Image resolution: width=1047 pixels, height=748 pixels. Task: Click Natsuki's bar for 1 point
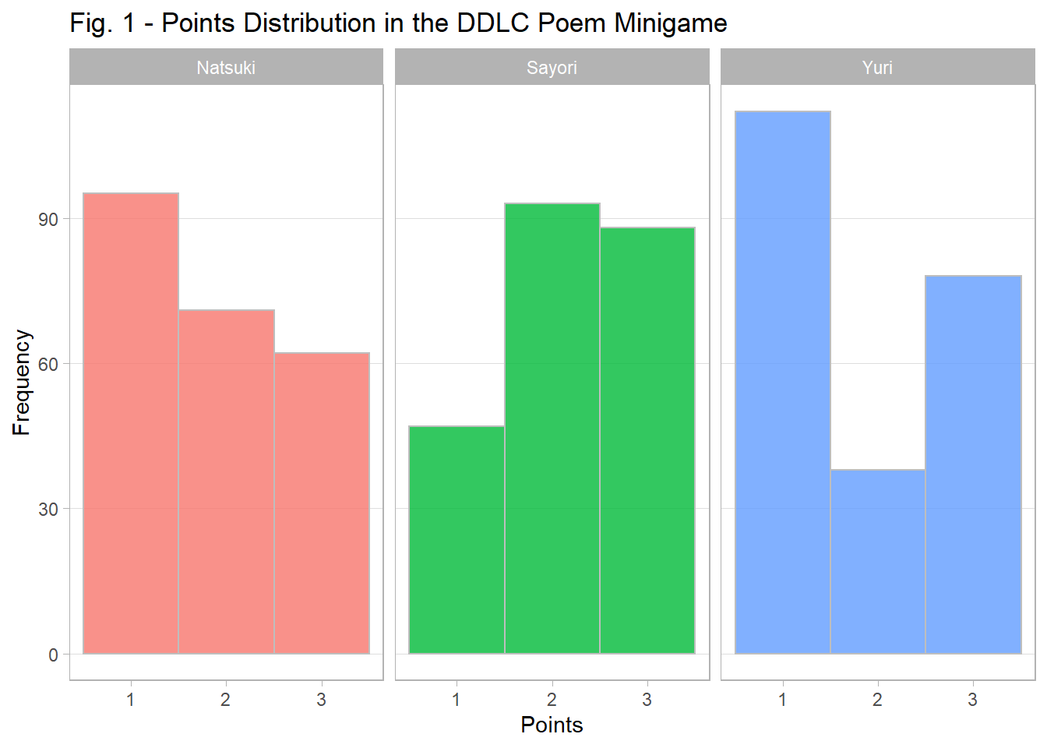(x=131, y=423)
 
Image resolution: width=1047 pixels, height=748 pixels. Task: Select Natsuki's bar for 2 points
(x=226, y=482)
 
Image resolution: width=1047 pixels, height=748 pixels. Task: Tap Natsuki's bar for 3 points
(x=322, y=503)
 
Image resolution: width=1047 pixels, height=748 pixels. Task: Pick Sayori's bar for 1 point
(x=457, y=539)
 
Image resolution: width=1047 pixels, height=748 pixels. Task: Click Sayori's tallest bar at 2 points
(x=552, y=428)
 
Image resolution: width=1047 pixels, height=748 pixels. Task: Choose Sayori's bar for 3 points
(x=647, y=440)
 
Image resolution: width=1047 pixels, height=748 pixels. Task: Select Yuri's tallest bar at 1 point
(x=782, y=382)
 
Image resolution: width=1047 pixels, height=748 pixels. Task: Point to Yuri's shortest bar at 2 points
(x=877, y=561)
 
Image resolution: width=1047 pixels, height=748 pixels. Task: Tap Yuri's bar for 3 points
(x=973, y=464)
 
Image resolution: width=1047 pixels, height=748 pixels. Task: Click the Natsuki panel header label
(x=226, y=68)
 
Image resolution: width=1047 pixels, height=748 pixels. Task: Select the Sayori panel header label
(x=552, y=68)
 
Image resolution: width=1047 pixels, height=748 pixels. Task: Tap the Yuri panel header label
(x=877, y=68)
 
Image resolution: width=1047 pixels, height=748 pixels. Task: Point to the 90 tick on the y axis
(x=48, y=220)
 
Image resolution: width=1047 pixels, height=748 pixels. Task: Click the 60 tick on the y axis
(x=48, y=365)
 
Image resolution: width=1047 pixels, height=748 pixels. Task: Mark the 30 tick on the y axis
(x=48, y=510)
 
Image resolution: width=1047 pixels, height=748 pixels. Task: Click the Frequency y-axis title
(x=21, y=382)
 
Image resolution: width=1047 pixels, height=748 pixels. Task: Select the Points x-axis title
(x=552, y=725)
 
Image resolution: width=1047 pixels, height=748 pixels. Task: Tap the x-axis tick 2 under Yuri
(x=877, y=700)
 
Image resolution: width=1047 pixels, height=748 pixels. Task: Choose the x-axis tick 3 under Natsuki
(x=322, y=700)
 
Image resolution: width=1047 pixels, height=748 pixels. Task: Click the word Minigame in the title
(x=670, y=23)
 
